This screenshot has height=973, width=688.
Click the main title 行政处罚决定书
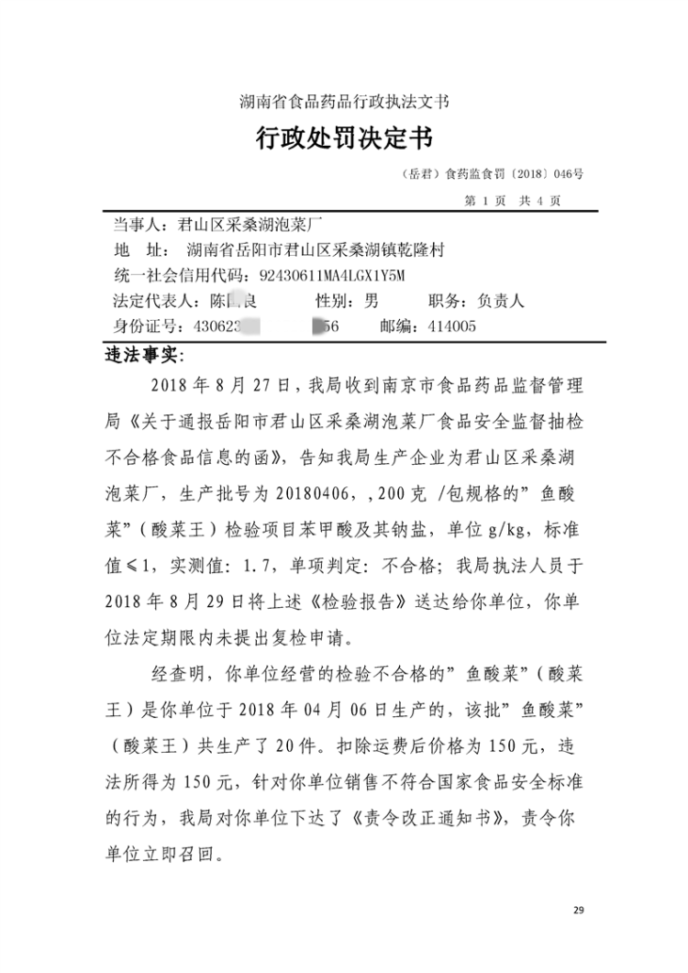[x=344, y=140]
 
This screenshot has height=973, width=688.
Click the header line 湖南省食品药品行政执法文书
[x=344, y=101]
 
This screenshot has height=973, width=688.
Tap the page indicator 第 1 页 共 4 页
[x=513, y=200]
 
